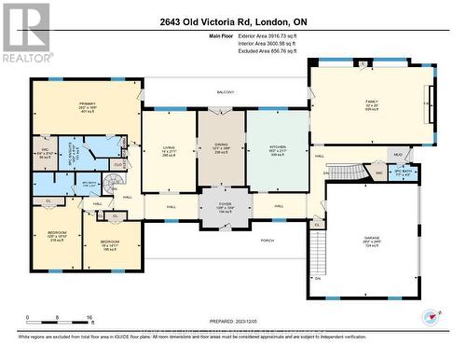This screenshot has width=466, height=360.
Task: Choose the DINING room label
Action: [x=220, y=143]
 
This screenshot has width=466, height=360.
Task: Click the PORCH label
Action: [x=268, y=239]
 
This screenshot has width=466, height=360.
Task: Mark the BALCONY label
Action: [x=225, y=92]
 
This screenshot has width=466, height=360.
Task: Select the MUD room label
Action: [x=397, y=155]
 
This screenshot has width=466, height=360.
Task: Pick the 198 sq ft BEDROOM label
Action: [x=110, y=245]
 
